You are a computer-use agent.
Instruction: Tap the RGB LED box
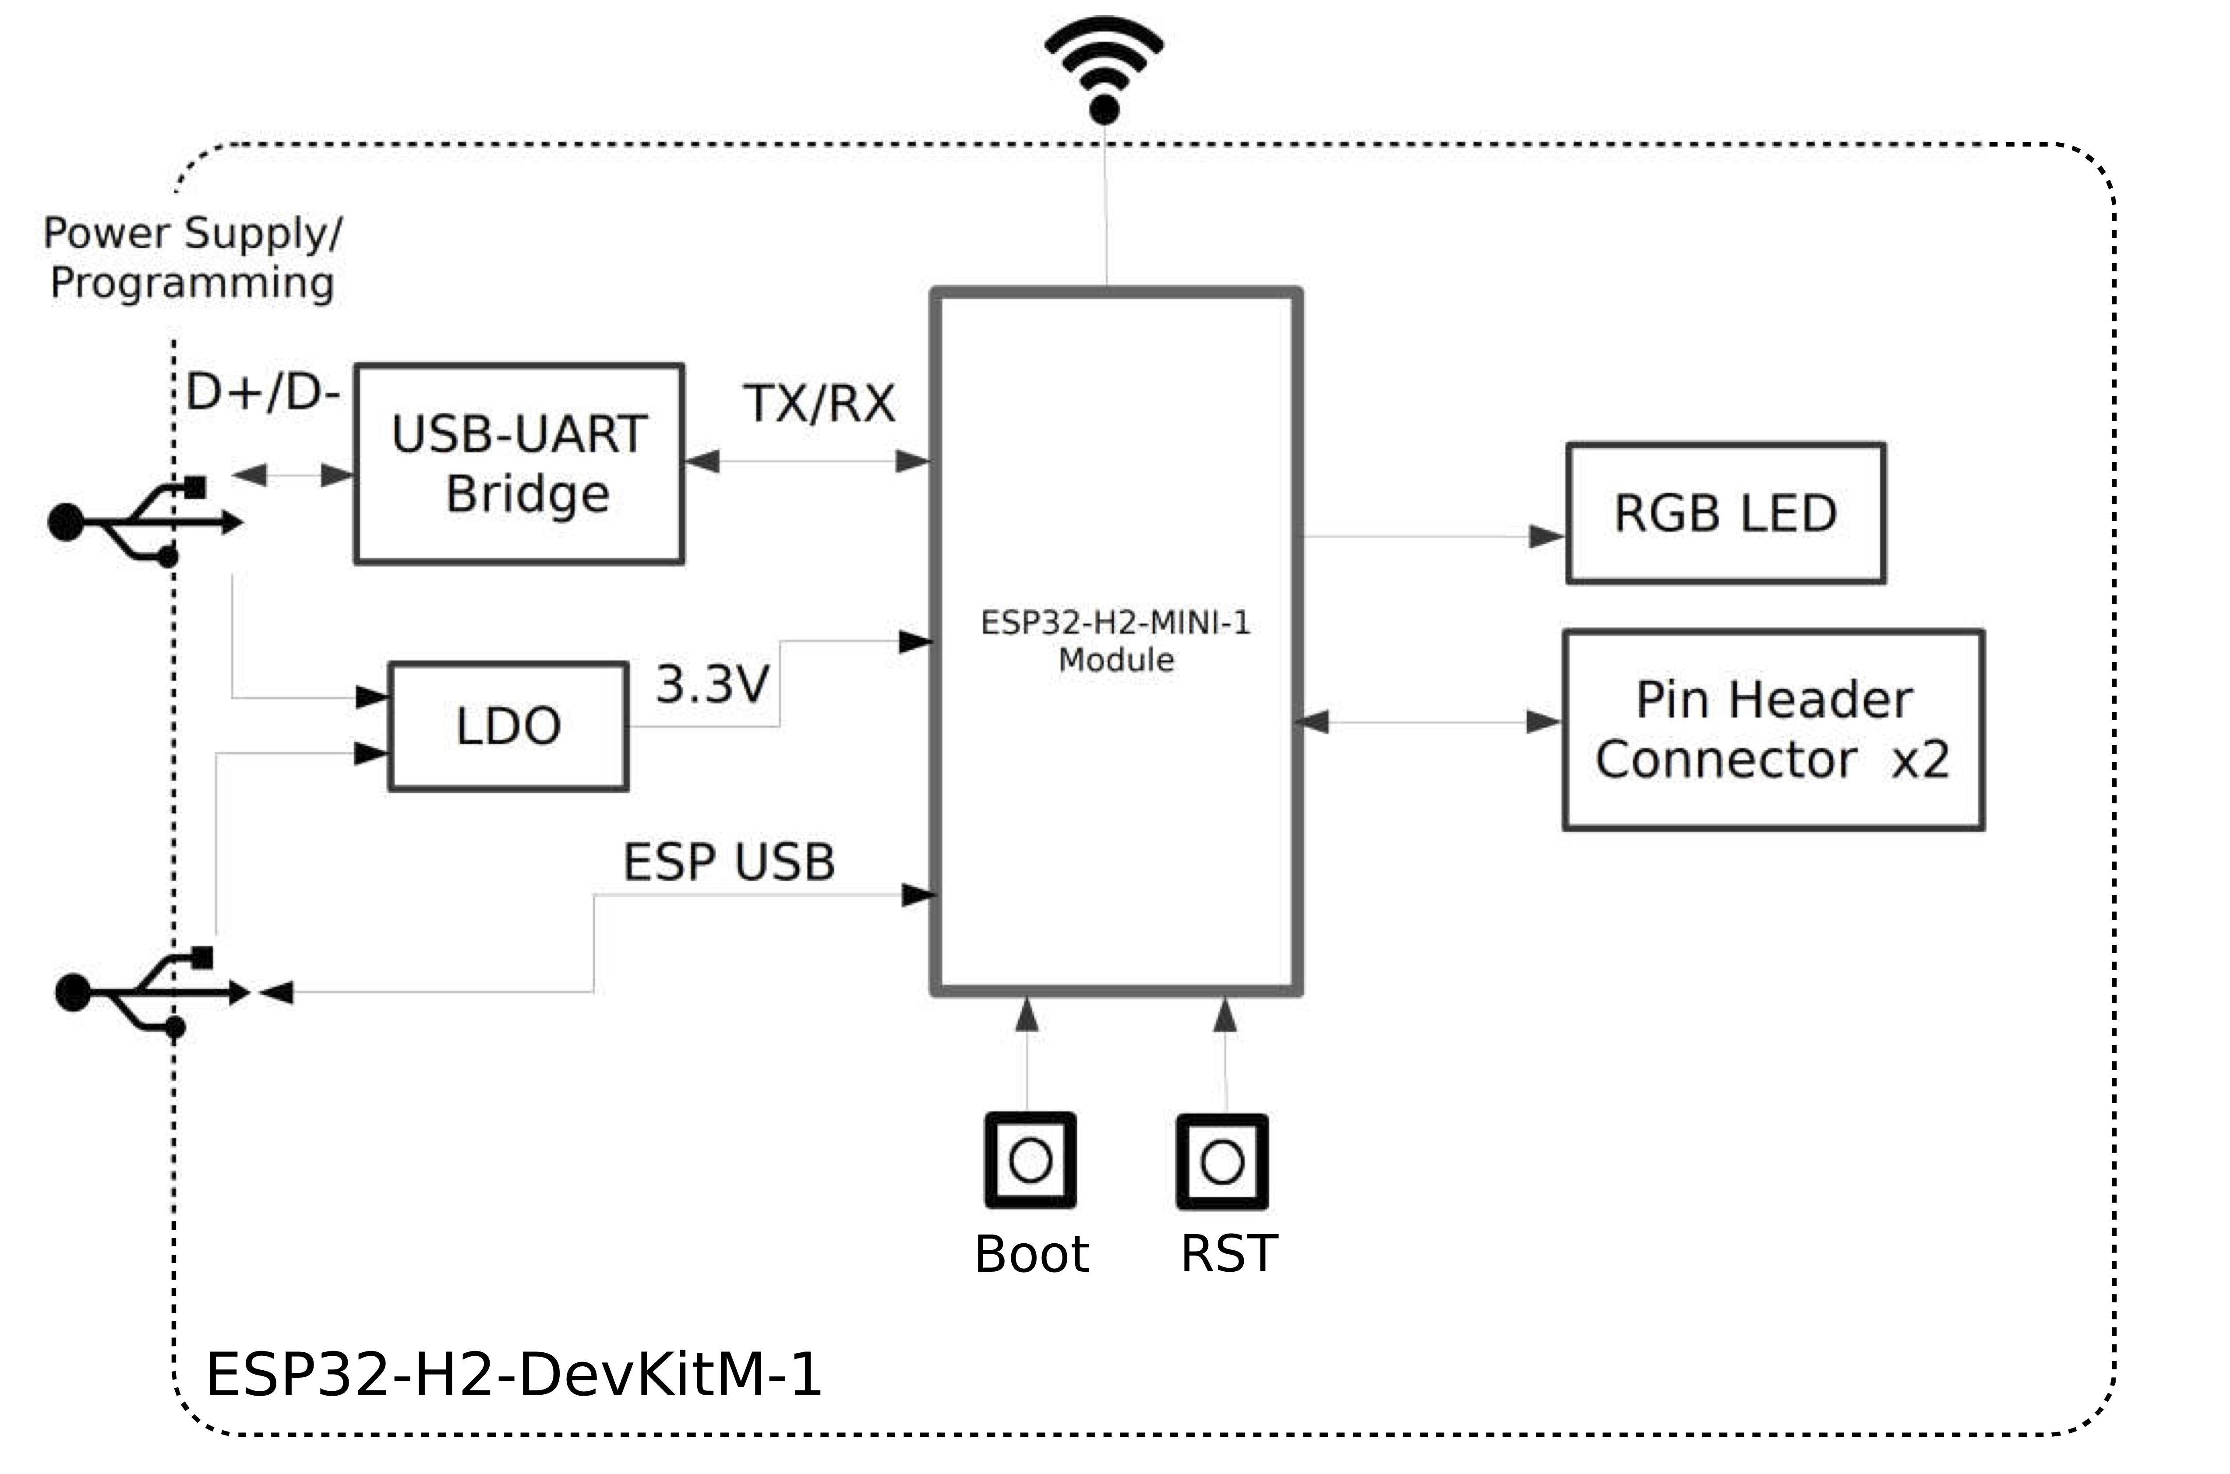click(1725, 513)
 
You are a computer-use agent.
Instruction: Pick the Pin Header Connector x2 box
click(1773, 729)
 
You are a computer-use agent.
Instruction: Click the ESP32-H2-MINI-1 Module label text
click(1116, 641)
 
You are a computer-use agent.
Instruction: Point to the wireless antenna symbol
click(1104, 70)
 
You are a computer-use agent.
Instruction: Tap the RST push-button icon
click(1222, 1162)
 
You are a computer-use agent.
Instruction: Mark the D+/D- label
click(262, 392)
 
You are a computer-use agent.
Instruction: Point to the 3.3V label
click(712, 684)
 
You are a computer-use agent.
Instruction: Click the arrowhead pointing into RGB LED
click(1546, 537)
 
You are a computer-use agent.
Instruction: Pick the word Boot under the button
click(1031, 1254)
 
